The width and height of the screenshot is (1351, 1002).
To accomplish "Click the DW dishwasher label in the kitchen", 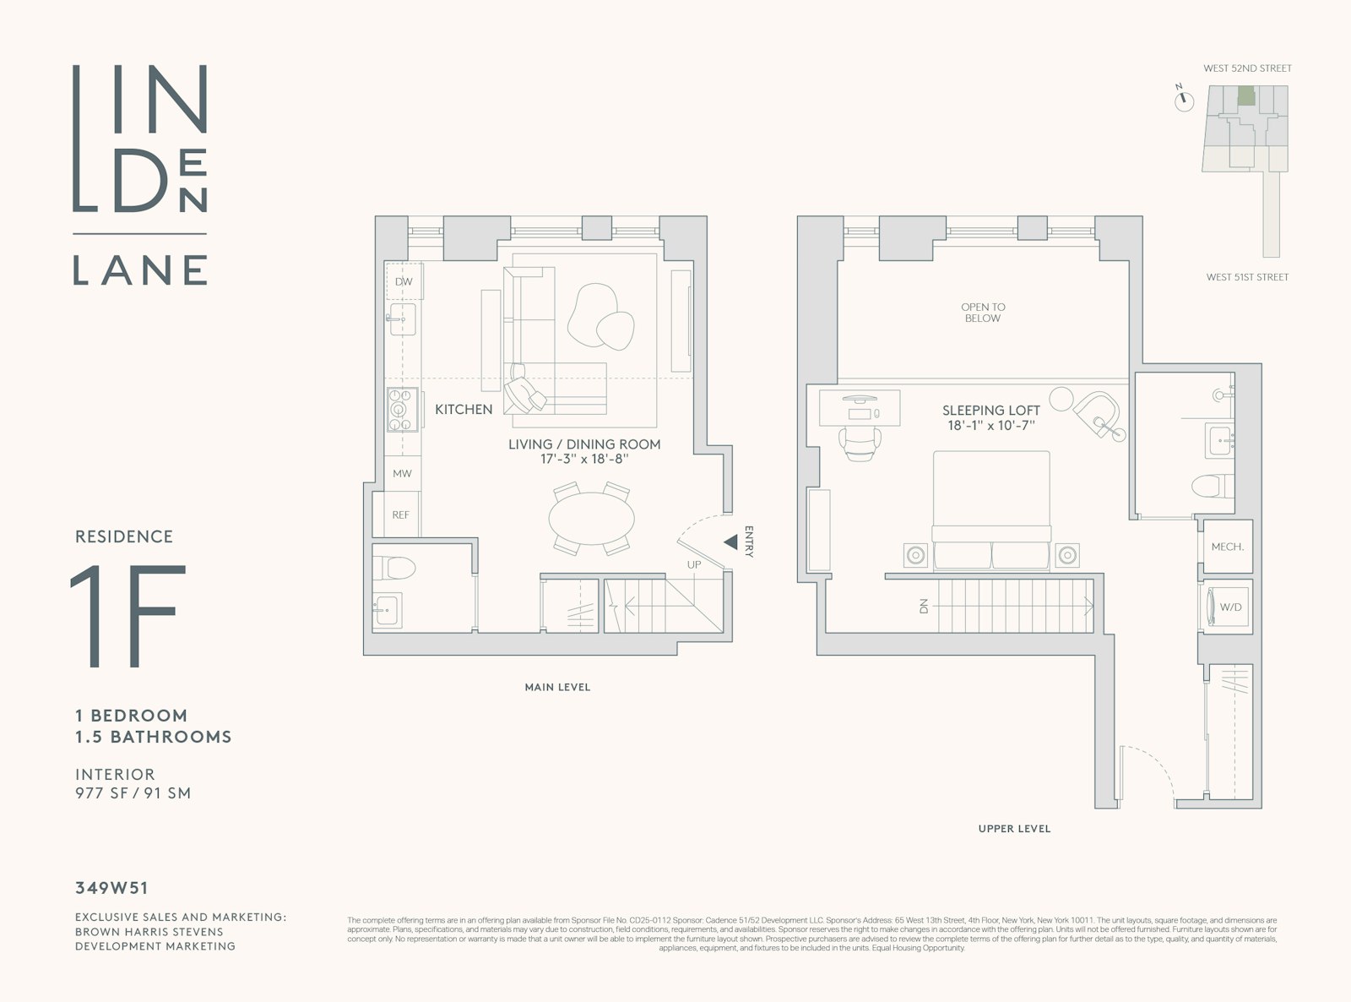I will click(404, 281).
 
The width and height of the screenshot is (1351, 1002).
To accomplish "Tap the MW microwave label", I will click(402, 474).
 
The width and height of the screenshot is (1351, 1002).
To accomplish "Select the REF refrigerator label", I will click(400, 515).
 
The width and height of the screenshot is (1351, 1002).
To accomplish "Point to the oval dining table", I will click(591, 518).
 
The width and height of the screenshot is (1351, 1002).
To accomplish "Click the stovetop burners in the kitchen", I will click(402, 409).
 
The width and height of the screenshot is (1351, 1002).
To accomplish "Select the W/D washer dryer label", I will click(1230, 607).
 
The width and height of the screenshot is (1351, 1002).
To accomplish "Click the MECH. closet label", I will click(1227, 547).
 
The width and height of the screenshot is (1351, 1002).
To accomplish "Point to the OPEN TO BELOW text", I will click(983, 313).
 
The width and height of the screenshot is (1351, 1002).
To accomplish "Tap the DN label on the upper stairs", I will click(924, 606).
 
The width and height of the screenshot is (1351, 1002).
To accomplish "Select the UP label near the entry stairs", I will click(693, 564).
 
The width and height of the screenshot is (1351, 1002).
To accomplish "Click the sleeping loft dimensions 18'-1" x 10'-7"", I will click(990, 426).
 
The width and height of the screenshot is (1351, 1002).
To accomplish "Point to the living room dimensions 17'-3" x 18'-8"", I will click(584, 460).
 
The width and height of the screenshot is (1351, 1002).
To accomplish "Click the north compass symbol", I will click(1185, 101).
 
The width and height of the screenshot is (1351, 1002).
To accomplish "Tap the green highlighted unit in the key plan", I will click(1245, 95).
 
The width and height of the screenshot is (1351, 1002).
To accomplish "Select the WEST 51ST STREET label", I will click(1247, 277).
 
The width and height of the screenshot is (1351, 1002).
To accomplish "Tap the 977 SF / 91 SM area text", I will click(133, 793).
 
